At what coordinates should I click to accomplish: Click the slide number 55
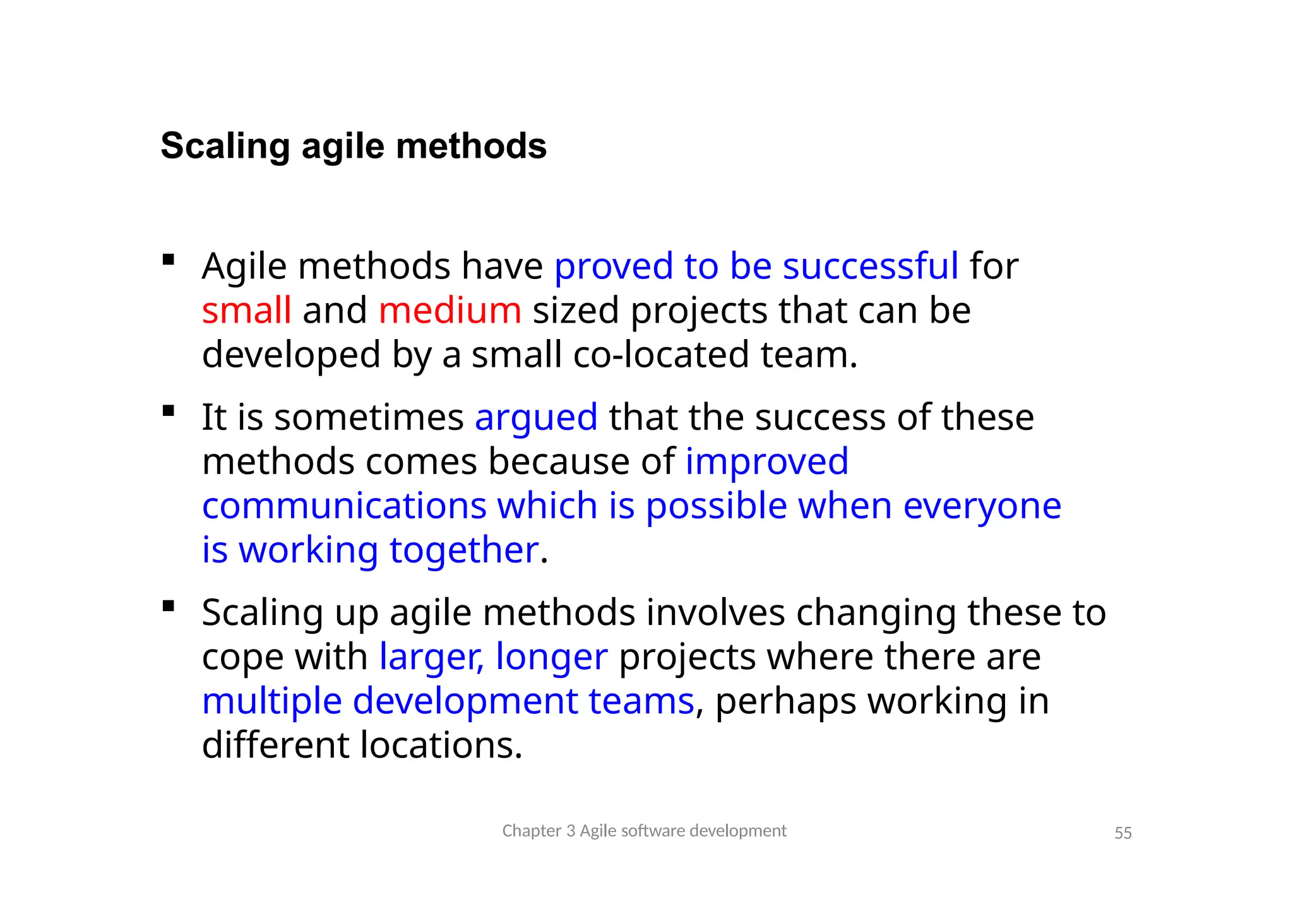point(1123,833)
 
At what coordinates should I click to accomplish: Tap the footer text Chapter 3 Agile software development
point(644,831)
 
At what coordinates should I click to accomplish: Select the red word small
point(246,311)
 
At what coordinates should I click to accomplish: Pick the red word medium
point(450,311)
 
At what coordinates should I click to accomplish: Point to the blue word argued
point(536,418)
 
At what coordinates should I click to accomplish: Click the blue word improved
point(766,461)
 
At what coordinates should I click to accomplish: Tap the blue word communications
point(344,506)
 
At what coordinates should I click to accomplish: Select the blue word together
point(464,550)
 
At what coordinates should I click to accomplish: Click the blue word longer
point(551,657)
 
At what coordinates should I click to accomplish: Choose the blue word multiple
point(271,701)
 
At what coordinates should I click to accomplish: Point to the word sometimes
point(369,418)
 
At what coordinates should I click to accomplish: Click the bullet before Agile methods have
point(168,259)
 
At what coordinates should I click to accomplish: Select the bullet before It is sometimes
point(168,412)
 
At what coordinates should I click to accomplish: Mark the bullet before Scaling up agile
point(168,607)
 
